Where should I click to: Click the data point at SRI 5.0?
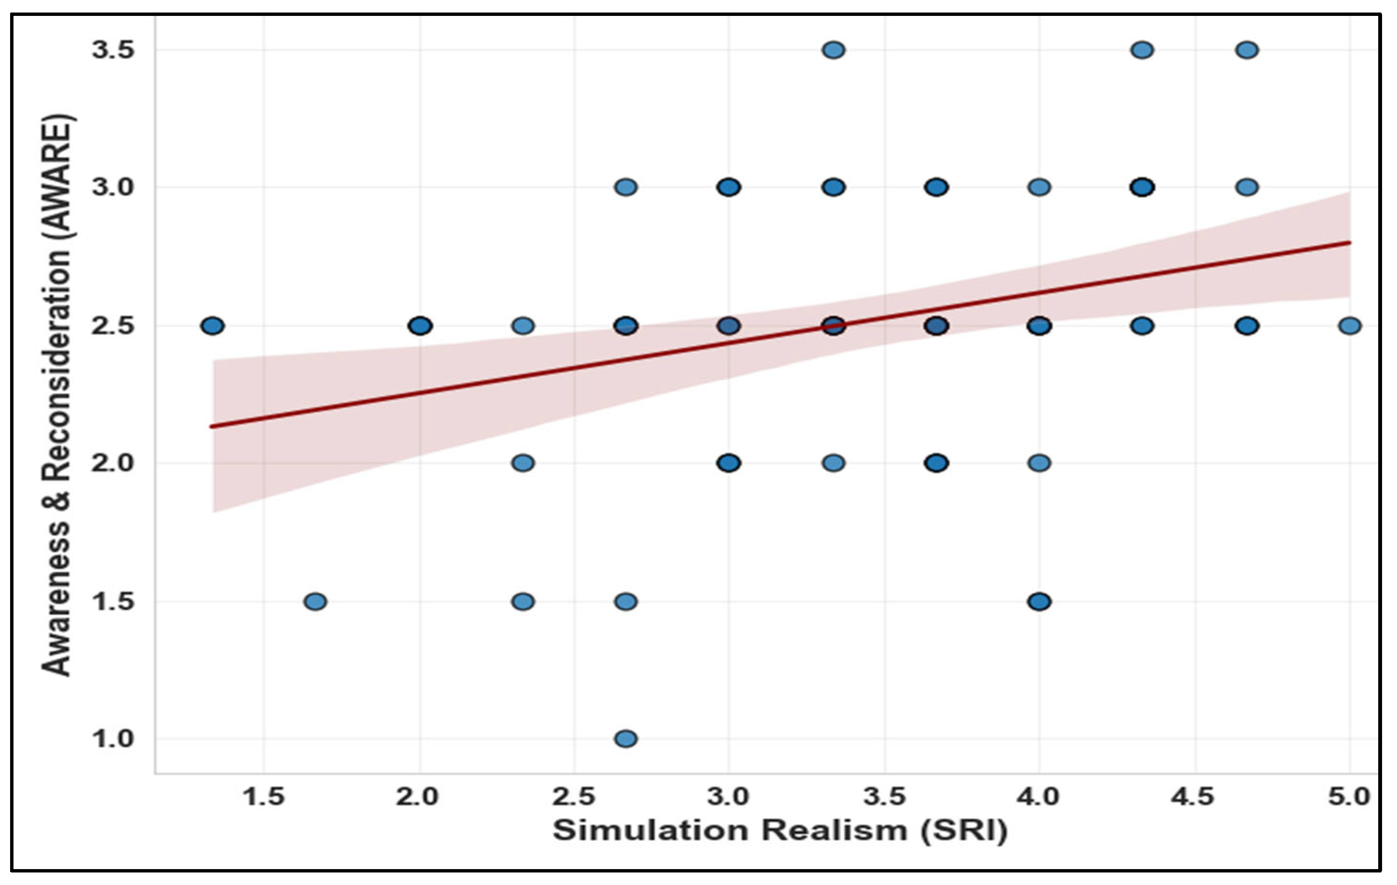(x=1349, y=326)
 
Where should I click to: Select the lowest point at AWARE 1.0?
(x=625, y=739)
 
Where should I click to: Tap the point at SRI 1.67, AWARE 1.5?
(x=315, y=601)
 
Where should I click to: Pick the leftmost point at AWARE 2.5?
(x=212, y=326)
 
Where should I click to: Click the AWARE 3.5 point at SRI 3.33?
(x=833, y=50)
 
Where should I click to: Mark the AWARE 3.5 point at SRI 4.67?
(x=1247, y=50)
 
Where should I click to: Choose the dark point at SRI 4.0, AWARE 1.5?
(x=1039, y=601)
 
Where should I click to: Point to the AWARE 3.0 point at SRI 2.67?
(x=625, y=187)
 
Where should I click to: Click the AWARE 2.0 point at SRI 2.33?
(x=523, y=463)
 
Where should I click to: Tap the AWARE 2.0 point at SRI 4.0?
(x=1039, y=463)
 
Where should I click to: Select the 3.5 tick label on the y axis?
(x=113, y=51)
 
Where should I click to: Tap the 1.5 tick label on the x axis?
(x=264, y=797)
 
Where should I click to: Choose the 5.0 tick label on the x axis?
(x=1349, y=797)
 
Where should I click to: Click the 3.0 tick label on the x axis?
(x=729, y=797)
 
